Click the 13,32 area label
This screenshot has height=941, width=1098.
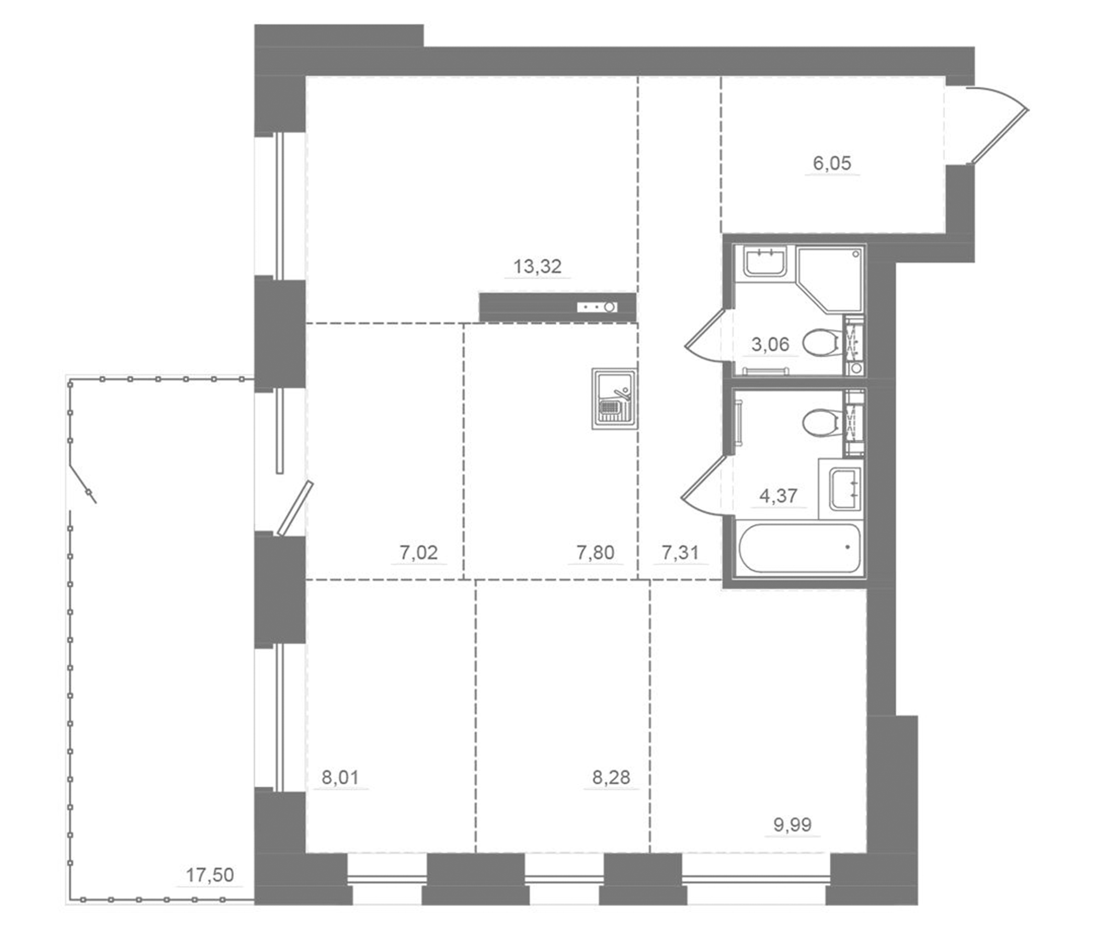point(537,266)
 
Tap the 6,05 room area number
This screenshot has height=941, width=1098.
point(832,163)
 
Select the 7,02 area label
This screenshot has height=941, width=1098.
point(419,553)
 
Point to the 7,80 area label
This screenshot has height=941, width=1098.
point(595,553)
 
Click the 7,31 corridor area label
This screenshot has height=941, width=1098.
point(680,553)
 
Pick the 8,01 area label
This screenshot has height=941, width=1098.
point(341,777)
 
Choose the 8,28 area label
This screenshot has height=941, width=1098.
point(611,777)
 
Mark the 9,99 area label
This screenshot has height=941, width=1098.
point(792,824)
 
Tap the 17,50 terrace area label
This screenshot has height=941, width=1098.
point(210,875)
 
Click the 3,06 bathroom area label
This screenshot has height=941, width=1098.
point(771,345)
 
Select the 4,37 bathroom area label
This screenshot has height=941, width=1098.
point(778,496)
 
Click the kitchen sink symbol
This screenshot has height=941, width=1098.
point(614,398)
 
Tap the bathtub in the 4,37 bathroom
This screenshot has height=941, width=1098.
point(798,548)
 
